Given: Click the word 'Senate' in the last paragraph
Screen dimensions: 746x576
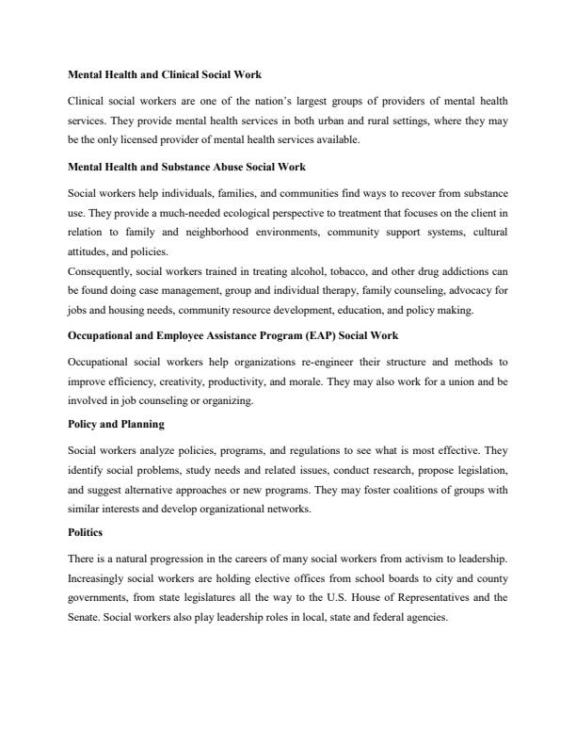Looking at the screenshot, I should pos(85,617).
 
